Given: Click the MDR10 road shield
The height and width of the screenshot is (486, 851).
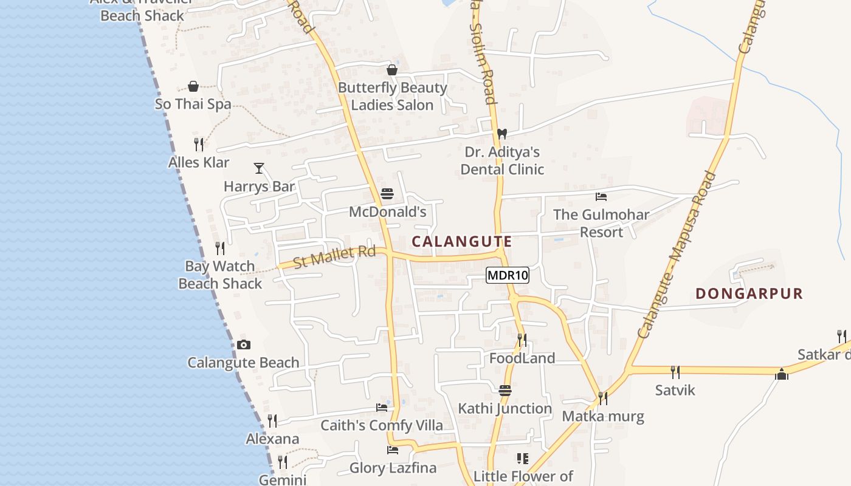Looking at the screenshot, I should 508,276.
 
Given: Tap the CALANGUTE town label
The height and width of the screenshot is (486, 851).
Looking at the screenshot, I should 462,241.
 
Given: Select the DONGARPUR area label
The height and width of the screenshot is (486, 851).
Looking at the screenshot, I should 749,294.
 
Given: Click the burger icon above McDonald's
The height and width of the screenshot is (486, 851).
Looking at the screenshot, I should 387,194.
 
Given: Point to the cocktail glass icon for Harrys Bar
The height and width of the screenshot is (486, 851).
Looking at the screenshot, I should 259,168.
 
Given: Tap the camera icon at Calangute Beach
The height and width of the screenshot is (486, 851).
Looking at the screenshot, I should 243,344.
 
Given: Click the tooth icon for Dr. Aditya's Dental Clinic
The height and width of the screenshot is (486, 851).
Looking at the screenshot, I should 501,134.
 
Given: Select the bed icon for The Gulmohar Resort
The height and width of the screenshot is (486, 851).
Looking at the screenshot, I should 601,196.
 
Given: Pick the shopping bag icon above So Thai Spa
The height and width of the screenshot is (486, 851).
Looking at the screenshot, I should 193,86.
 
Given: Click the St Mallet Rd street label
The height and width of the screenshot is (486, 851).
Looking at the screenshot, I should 334,256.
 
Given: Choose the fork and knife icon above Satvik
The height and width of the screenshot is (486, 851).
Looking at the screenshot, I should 675,372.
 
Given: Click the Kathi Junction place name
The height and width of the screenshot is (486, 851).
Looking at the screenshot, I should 505,409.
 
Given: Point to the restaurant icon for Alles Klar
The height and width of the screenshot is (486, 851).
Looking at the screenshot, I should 198,144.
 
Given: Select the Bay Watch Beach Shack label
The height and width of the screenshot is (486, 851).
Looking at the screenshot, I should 220,275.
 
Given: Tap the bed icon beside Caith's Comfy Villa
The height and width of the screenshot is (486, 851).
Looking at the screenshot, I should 381,407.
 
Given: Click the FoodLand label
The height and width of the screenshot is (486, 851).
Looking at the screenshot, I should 522,358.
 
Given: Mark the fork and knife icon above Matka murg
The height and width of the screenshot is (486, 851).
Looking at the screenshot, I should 602,398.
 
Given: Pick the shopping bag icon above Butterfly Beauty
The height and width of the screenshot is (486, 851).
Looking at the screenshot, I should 392,70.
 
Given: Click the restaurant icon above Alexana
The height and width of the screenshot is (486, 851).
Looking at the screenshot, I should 272,420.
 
